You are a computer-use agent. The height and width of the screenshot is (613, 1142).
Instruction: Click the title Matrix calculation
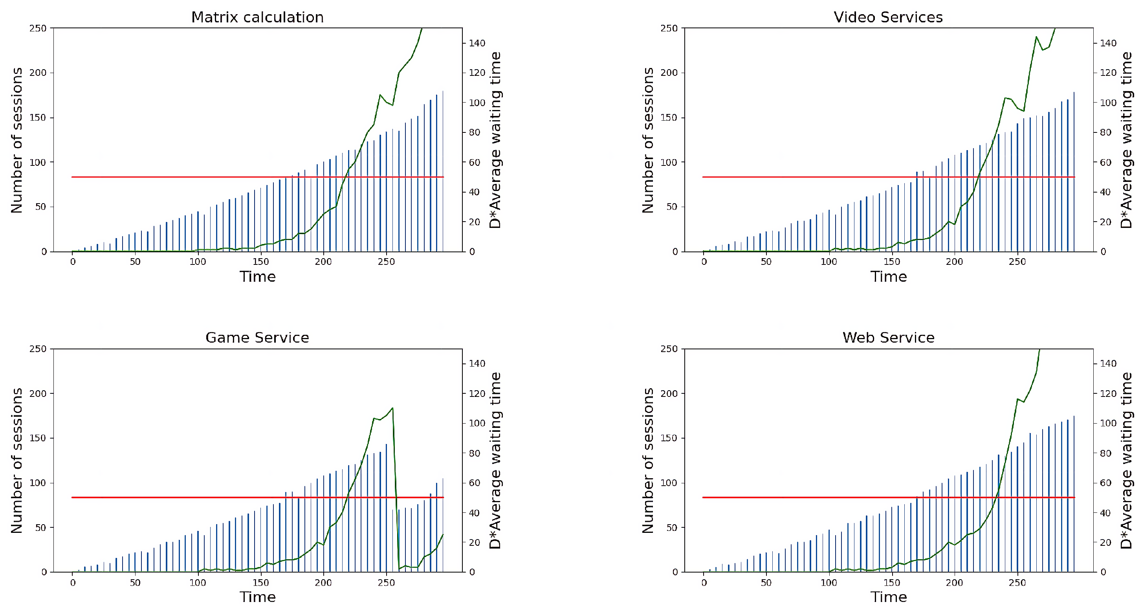click(257, 17)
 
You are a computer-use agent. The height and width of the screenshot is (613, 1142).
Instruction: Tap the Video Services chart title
click(888, 17)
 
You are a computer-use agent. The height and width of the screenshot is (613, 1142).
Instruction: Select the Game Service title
click(257, 338)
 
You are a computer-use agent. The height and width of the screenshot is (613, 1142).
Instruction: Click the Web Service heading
click(888, 338)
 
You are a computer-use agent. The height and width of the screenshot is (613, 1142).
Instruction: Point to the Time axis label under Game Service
click(258, 597)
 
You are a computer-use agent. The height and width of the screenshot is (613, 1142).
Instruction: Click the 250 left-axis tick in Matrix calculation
click(38, 28)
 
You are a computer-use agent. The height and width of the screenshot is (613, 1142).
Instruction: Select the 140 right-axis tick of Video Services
click(1108, 43)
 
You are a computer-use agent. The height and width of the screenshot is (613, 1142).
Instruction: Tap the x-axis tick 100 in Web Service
click(829, 582)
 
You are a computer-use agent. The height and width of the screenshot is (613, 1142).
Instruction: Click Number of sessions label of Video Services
click(648, 140)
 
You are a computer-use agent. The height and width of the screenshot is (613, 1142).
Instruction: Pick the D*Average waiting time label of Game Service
click(495, 461)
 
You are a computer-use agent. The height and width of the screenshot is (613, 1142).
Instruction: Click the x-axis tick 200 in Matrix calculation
click(323, 262)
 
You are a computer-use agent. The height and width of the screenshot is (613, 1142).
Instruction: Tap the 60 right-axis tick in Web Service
click(1105, 483)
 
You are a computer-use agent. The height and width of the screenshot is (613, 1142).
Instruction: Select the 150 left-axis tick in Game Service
click(38, 438)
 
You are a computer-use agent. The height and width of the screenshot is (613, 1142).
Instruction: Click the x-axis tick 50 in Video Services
click(766, 262)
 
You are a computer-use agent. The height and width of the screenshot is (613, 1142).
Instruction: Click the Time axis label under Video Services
click(889, 277)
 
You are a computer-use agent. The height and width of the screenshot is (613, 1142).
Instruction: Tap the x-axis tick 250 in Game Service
click(386, 582)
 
